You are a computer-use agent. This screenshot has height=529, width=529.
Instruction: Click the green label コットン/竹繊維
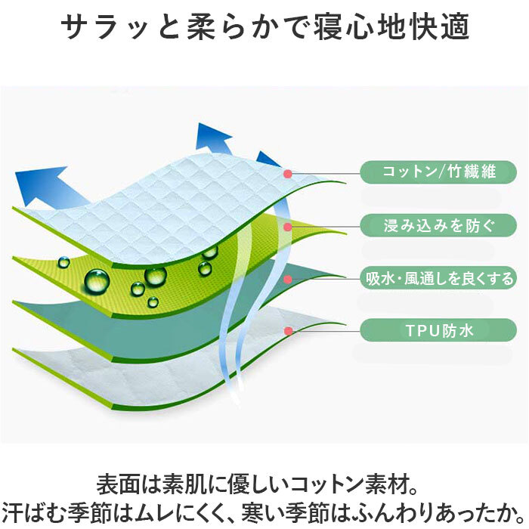438,172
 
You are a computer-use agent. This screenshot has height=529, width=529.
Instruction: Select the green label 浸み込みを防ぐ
438,225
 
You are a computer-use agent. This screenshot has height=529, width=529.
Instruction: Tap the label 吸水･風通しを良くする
438,278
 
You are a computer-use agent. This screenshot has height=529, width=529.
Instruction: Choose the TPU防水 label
438,330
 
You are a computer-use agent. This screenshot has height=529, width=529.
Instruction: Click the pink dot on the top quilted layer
288,174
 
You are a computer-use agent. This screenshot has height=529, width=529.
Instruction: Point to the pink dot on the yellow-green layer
288,227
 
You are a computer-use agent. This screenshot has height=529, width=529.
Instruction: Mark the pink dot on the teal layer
288,279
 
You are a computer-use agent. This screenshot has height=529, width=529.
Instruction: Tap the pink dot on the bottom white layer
288,331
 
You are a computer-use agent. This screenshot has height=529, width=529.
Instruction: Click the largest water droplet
97,280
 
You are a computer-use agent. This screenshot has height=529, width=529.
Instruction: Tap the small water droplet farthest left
63,261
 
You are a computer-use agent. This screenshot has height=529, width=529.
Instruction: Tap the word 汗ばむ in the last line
32,513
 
